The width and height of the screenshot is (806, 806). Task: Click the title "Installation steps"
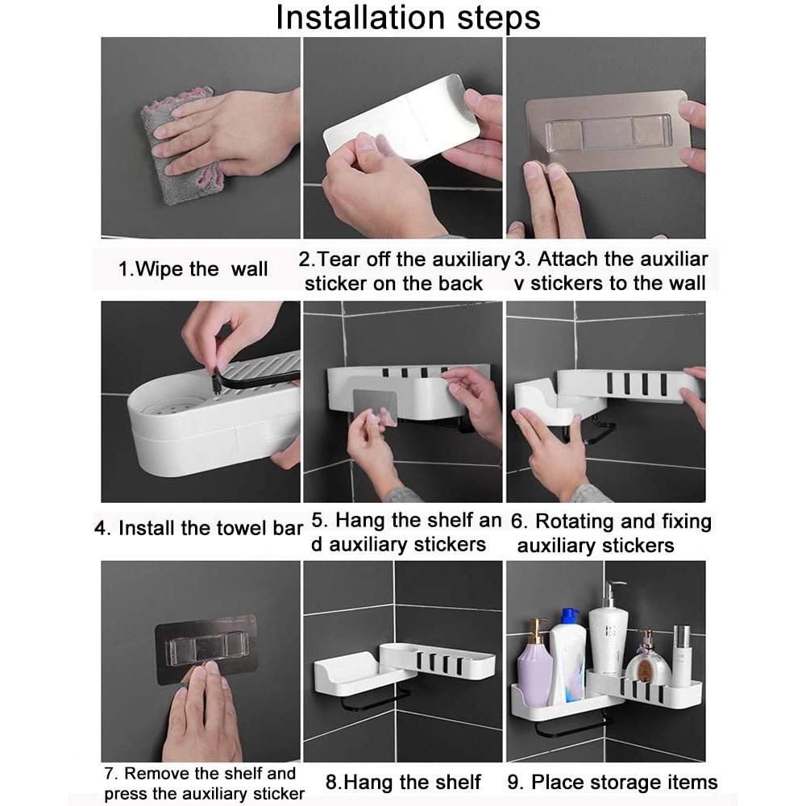408,18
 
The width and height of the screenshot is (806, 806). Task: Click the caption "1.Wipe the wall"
193,269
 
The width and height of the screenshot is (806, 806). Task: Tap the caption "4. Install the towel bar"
198,529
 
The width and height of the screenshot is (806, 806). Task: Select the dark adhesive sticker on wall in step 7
206,649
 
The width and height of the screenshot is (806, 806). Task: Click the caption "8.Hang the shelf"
402,783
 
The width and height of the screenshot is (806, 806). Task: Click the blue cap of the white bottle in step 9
570,617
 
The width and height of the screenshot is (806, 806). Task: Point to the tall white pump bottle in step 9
607,631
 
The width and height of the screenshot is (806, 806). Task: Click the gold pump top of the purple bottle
537,630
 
